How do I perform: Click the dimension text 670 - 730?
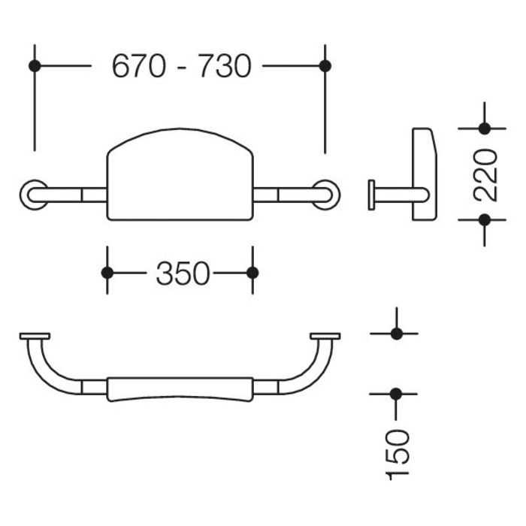click(x=180, y=66)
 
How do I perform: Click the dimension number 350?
click(x=182, y=274)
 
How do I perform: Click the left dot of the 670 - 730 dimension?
click(x=34, y=66)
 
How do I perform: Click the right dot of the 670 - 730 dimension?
click(x=325, y=66)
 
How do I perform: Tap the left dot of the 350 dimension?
click(x=107, y=272)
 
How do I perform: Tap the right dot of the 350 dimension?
click(x=252, y=272)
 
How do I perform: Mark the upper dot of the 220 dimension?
click(x=484, y=128)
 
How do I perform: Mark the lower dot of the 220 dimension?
click(x=484, y=219)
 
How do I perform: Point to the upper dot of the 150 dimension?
click(x=394, y=333)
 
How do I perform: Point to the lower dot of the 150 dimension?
click(x=394, y=393)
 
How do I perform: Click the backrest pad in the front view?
click(x=180, y=177)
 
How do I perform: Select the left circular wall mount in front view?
click(x=33, y=195)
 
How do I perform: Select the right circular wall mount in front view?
click(x=326, y=195)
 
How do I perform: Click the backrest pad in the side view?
click(x=424, y=175)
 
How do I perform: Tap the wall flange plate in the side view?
click(x=371, y=195)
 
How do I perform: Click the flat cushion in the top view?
click(x=180, y=388)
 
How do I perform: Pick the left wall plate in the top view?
click(x=35, y=336)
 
